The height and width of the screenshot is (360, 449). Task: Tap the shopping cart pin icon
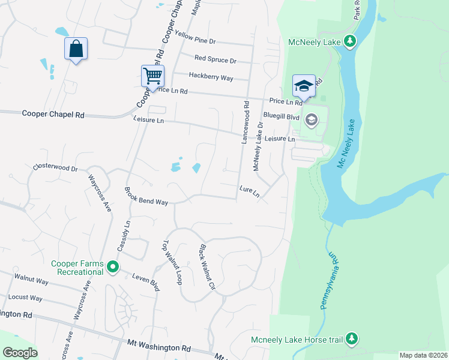152,77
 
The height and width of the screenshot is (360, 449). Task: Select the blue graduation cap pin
304,85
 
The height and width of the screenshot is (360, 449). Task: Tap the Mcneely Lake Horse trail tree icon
352,340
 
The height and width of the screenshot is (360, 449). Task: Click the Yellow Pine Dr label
196,39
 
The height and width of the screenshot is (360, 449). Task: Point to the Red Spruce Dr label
215,60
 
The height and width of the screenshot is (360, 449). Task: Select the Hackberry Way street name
211,77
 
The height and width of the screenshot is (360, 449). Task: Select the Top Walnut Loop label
172,263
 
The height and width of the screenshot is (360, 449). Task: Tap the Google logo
20,353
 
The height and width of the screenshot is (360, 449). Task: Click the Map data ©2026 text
423,355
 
